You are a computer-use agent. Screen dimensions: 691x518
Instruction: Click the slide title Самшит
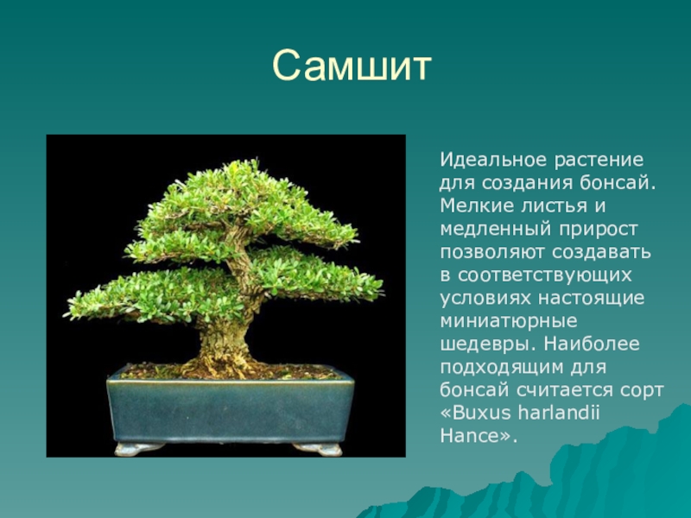pos(352,66)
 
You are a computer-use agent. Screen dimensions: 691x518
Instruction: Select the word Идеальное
pos(492,160)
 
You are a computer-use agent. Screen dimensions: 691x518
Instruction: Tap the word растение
pos(599,160)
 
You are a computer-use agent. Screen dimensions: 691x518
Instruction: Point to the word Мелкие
pos(477,205)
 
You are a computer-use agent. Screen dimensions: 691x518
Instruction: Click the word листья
pos(555,206)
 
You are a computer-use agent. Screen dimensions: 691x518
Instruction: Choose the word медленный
pos(495,230)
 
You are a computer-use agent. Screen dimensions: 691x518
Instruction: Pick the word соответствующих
pos(545,275)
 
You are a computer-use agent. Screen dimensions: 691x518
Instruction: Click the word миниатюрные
pos(509,321)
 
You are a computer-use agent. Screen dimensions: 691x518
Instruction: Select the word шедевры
pos(487,344)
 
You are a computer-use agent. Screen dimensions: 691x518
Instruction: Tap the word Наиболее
pos(592,344)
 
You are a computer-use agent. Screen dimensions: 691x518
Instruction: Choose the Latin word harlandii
pos(559,413)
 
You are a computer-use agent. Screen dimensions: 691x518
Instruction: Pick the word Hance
pos(468,436)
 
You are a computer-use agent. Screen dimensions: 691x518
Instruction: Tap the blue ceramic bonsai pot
pos(231,409)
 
